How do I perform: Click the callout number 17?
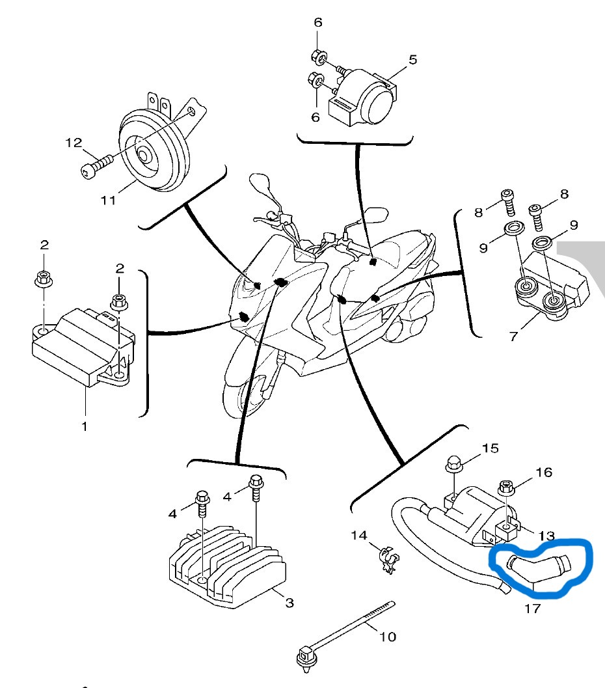pos(532,609)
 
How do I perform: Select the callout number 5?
pos(412,60)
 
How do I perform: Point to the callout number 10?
pos(387,637)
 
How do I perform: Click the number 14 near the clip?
pos(359,535)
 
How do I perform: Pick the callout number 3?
pos(289,603)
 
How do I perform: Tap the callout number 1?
pos(85,426)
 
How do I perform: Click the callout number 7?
pos(514,336)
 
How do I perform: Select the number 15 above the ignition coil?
pos(490,448)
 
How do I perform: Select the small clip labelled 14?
pos(389,559)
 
